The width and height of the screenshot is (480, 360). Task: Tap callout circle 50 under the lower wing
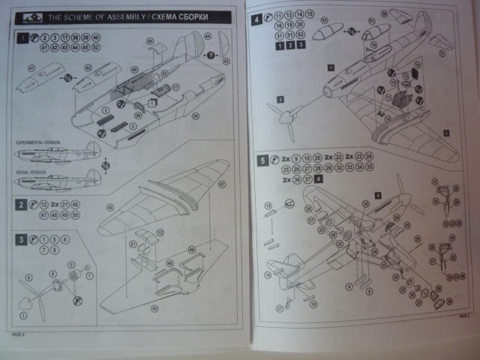[x=154, y=308]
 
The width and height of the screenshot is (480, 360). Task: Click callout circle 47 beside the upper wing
[x=222, y=183]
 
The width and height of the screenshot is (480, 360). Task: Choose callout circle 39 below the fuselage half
[x=194, y=116]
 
